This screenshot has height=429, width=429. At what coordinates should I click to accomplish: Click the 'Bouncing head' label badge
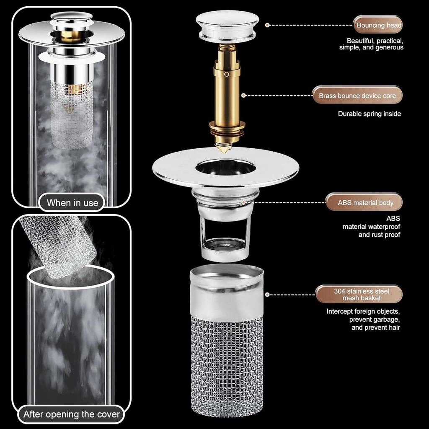click(x=379, y=25)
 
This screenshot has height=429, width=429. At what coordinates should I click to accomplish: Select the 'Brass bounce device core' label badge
click(x=357, y=96)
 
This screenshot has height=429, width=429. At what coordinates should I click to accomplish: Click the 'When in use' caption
click(x=72, y=203)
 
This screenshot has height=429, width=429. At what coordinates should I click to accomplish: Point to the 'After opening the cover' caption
click(x=72, y=415)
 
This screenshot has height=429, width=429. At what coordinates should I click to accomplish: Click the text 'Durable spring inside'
click(x=369, y=114)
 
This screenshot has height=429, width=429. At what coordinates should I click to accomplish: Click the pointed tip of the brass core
click(x=223, y=148)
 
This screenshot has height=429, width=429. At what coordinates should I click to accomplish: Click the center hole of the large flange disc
click(x=225, y=167)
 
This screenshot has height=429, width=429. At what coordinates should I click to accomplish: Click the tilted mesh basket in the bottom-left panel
click(x=59, y=246)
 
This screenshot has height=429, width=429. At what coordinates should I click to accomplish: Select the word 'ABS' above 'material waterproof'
click(x=393, y=218)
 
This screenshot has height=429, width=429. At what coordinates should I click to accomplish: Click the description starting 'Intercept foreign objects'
click(x=363, y=319)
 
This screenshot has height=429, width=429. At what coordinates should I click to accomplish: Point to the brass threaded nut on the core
click(x=227, y=127)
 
